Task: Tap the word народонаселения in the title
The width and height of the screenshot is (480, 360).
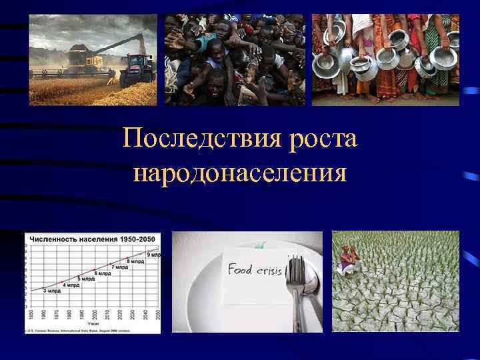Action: click(240, 174)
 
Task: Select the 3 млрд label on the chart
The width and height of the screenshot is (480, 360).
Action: click(51, 291)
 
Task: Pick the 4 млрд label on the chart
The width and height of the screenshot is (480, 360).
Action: click(70, 285)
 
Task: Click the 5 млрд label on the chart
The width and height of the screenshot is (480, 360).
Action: click(86, 279)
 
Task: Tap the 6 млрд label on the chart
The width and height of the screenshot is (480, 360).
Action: click(103, 273)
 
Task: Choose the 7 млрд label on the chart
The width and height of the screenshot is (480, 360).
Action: click(121, 267)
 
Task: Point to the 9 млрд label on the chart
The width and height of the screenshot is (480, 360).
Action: click(153, 255)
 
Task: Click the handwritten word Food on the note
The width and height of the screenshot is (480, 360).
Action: click(241, 269)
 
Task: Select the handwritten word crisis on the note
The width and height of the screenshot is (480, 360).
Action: click(269, 271)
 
